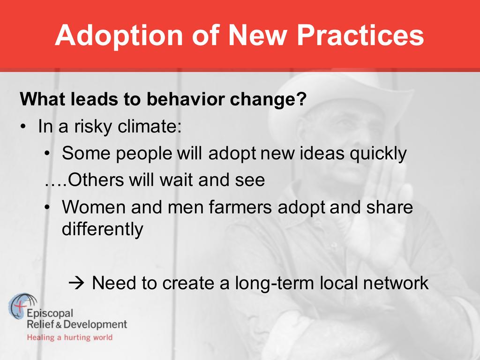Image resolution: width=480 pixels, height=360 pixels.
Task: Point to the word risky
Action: click(x=92, y=127)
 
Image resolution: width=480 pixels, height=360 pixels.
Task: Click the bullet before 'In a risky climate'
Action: click(x=22, y=127)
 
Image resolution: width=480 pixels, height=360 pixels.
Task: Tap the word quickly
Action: click(x=378, y=153)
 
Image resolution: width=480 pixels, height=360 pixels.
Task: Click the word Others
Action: click(x=95, y=180)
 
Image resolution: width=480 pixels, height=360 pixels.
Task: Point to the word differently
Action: click(x=102, y=229)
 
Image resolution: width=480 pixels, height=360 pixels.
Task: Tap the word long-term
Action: click(x=274, y=283)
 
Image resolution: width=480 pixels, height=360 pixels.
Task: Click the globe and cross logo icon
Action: click(x=22, y=306)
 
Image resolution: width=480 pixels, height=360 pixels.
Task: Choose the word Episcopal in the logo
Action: click(x=50, y=314)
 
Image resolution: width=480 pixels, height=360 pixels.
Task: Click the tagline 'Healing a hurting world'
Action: click(x=70, y=337)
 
